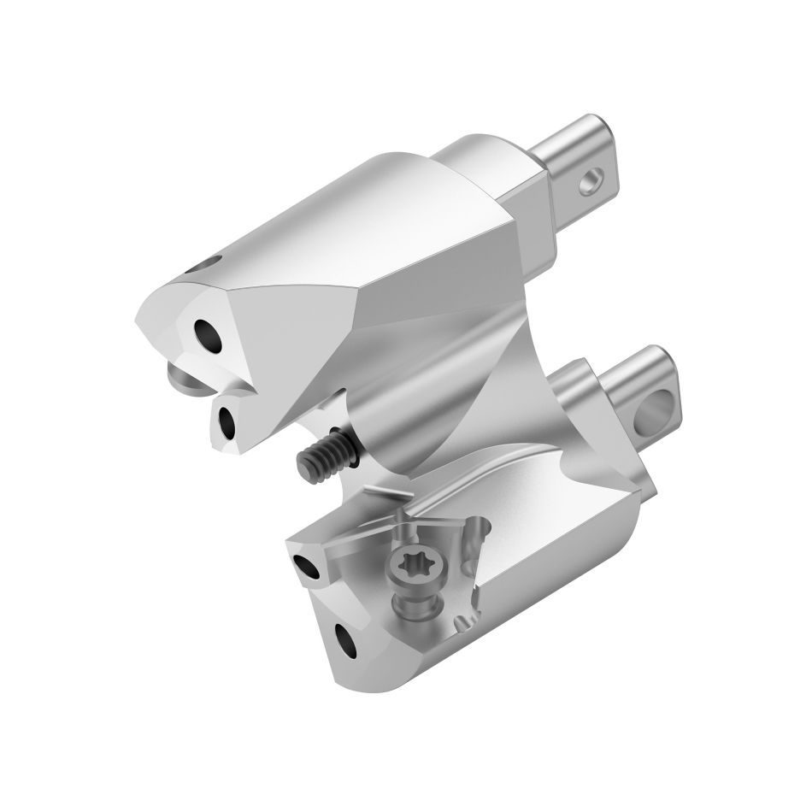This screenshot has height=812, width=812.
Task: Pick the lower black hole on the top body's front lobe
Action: point(228,420)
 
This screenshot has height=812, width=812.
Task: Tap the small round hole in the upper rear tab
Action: point(589,182)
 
